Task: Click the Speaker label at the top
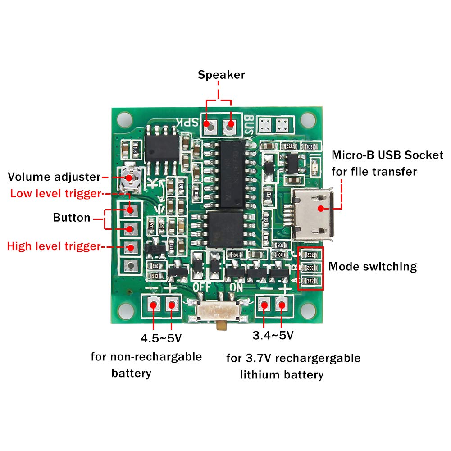[221, 75]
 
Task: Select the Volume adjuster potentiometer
[130, 178]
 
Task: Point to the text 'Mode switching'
[372, 266]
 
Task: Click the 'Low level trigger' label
[54, 194]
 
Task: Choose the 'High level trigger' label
[53, 246]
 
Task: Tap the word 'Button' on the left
[72, 218]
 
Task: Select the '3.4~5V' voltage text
[273, 336]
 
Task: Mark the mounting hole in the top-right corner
[309, 119]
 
